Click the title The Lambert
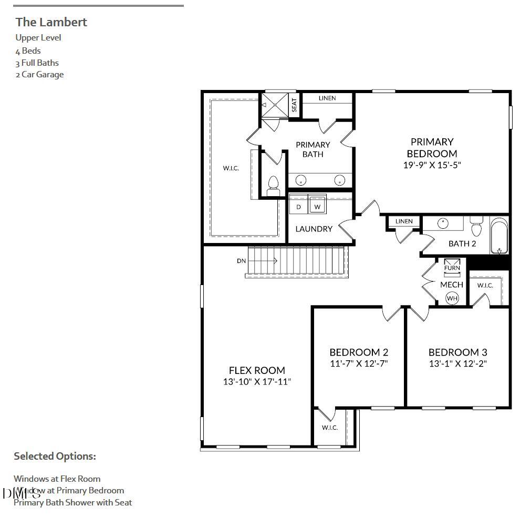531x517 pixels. [51, 22]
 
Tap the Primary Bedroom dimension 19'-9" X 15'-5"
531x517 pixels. [431, 165]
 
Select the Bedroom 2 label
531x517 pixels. [359, 352]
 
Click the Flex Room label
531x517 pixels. [257, 370]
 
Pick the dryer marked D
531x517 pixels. [298, 207]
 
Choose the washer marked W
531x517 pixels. [317, 207]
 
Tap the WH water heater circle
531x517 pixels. [452, 298]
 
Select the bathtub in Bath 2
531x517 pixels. [499, 237]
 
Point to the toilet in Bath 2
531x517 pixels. [476, 227]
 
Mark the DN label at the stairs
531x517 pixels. [241, 261]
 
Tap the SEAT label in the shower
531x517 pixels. [294, 105]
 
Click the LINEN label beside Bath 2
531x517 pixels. [404, 221]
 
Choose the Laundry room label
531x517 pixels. [314, 229]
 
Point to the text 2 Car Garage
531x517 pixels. [39, 75]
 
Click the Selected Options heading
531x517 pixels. [55, 456]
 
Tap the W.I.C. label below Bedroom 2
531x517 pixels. [330, 428]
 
